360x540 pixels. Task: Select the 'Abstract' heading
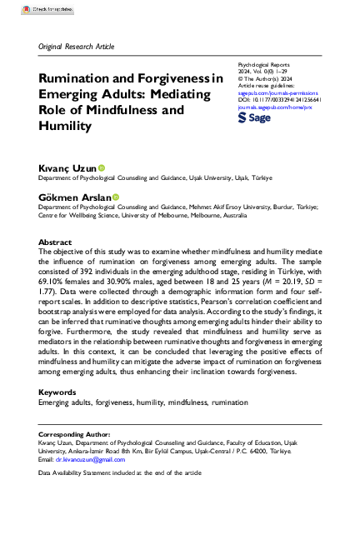coord(55,242)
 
